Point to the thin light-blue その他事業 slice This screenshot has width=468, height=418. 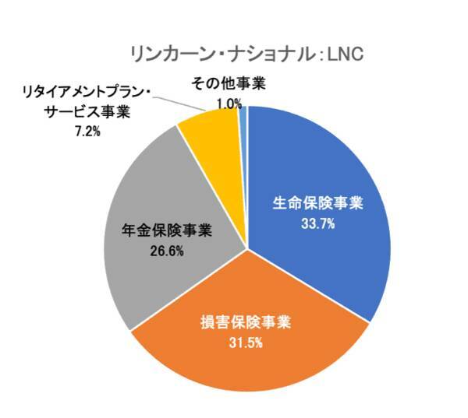[243, 117]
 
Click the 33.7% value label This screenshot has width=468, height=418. [317, 223]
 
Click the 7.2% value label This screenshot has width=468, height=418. [87, 131]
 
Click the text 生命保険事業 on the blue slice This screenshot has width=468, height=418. [317, 204]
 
